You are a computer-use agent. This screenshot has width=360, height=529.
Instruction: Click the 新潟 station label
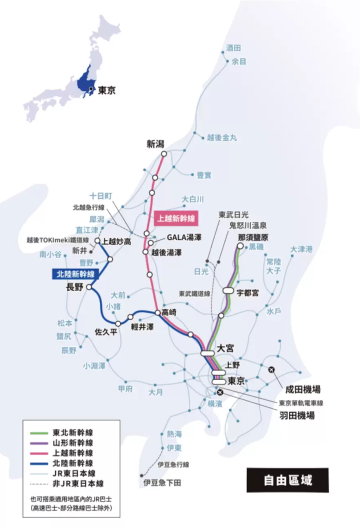[155, 144]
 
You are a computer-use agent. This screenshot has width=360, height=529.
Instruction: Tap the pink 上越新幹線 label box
[175, 217]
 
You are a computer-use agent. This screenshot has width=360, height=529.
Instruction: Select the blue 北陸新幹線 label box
[74, 273]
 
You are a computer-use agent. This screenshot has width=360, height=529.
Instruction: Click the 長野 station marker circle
[89, 287]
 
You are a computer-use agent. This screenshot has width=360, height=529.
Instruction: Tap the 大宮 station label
[226, 347]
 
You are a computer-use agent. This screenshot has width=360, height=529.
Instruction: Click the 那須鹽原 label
[253, 237]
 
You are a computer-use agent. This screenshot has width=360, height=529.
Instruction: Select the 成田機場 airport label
[303, 389]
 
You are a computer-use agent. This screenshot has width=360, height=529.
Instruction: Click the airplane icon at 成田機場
[271, 370]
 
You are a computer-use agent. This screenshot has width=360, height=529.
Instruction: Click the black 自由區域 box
[288, 481]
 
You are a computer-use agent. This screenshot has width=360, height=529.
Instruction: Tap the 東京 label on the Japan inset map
[106, 90]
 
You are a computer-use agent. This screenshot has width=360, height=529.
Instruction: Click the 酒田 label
[233, 48]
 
